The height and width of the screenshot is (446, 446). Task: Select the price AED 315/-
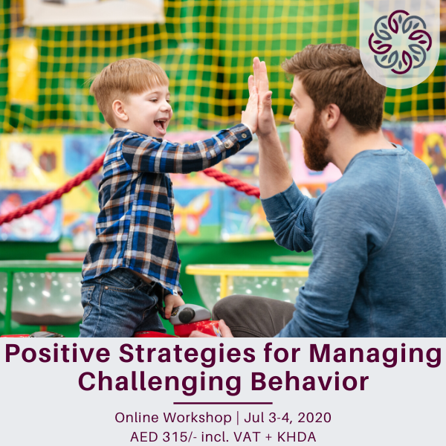click(163, 437)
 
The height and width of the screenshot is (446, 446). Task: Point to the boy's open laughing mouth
click(160, 123)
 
